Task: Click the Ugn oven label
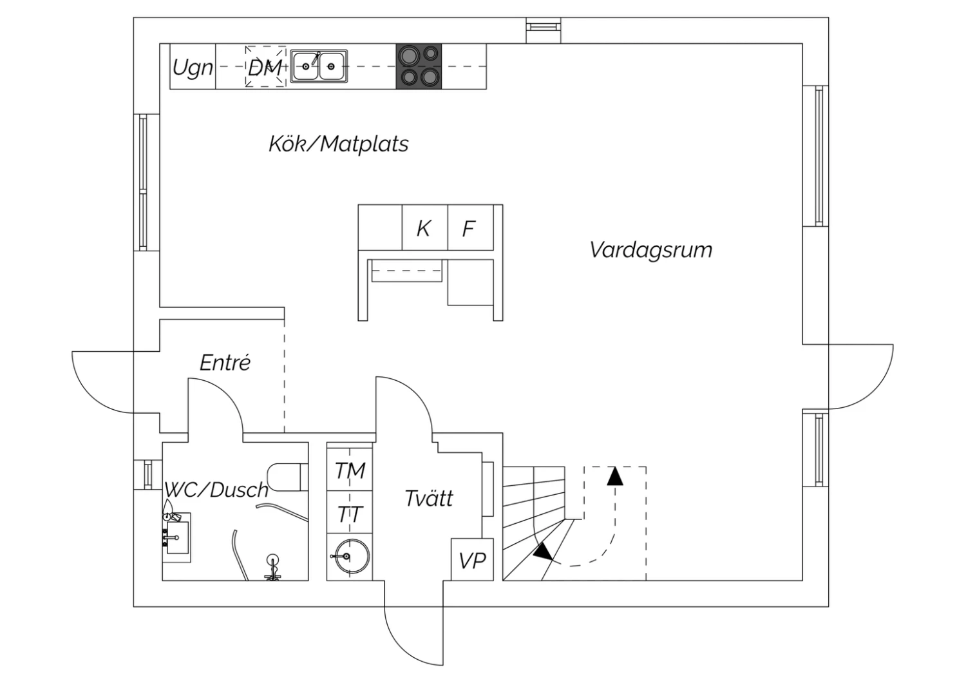193,67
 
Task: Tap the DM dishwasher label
265,67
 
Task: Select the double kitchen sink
319,66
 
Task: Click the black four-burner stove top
419,66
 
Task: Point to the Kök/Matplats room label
338,143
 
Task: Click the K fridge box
424,228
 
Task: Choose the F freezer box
469,228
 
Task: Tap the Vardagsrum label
650,250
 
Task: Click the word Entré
225,363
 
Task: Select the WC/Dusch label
216,490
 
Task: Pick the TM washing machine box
350,470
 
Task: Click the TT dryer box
350,514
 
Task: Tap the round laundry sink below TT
350,555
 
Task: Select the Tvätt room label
429,498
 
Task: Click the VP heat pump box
472,560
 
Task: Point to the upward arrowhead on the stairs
616,476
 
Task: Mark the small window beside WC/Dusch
147,475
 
